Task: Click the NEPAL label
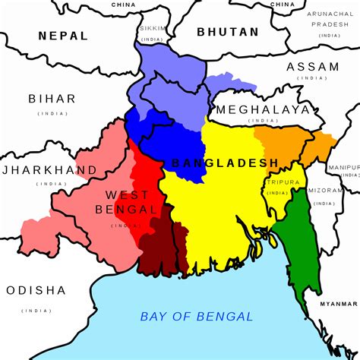coord(64,35)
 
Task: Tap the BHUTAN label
coord(227,32)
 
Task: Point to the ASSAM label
coord(312,67)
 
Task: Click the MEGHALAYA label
coord(263,109)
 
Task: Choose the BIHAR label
coord(52,99)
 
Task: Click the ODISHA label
coord(36,290)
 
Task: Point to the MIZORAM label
coord(325,192)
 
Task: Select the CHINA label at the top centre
coord(123,5)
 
